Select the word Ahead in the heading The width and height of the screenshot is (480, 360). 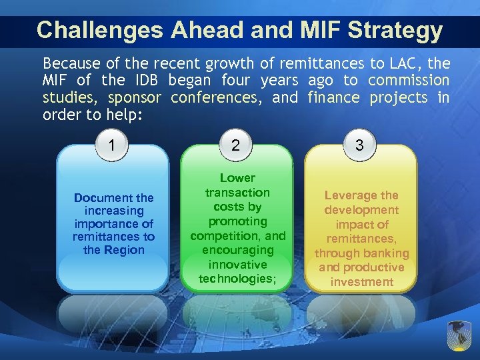[194, 30]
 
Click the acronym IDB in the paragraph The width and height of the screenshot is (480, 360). [146, 80]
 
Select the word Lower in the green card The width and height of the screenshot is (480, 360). [237, 178]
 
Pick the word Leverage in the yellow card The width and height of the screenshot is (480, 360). [351, 195]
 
